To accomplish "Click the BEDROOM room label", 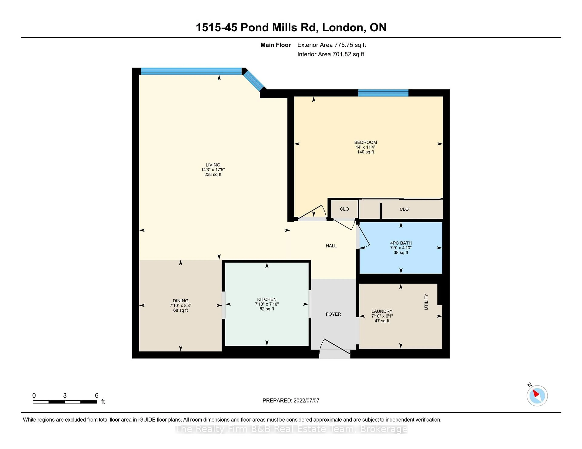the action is pos(365,142).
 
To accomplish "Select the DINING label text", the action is pos(180,301).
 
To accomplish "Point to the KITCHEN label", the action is pos(267,299).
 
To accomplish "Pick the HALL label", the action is pos(331,246).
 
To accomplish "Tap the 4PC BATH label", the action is pos(401,243).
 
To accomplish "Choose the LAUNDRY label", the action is pos(382,311).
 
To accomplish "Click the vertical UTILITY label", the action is pos(426,302).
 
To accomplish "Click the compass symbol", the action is pos(537,396).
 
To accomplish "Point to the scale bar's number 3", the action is pos(65,396).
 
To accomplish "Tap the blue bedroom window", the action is pos(383,93).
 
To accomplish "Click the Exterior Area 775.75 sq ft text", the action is pos(331,45).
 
